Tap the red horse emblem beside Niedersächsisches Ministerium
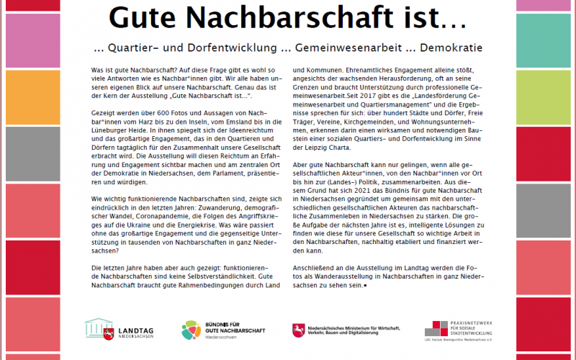[x=297, y=330]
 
